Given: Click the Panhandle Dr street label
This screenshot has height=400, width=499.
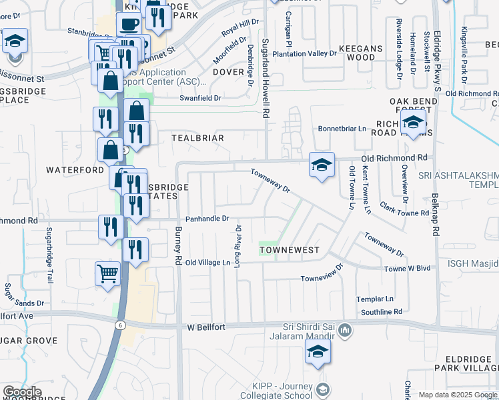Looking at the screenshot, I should coord(207,218).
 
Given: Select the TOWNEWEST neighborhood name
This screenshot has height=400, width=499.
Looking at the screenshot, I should coord(290,250).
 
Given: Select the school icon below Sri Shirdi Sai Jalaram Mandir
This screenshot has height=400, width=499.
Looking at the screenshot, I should coord(318,354).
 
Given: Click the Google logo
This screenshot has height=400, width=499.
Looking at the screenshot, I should coord(22,392).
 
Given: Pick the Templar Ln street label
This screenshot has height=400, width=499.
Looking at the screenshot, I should coord(375,299).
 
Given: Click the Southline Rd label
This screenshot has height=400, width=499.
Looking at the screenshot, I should coord(382,311).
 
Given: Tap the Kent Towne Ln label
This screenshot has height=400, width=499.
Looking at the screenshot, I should coord(366,191).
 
